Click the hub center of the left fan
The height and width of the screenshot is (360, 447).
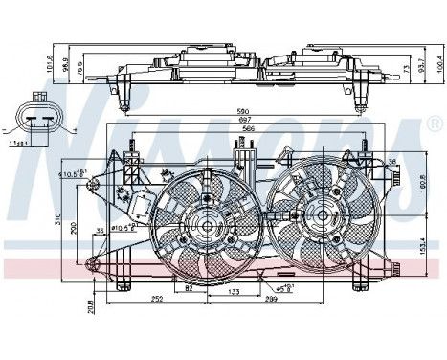pyautogui.click(x=204, y=227)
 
